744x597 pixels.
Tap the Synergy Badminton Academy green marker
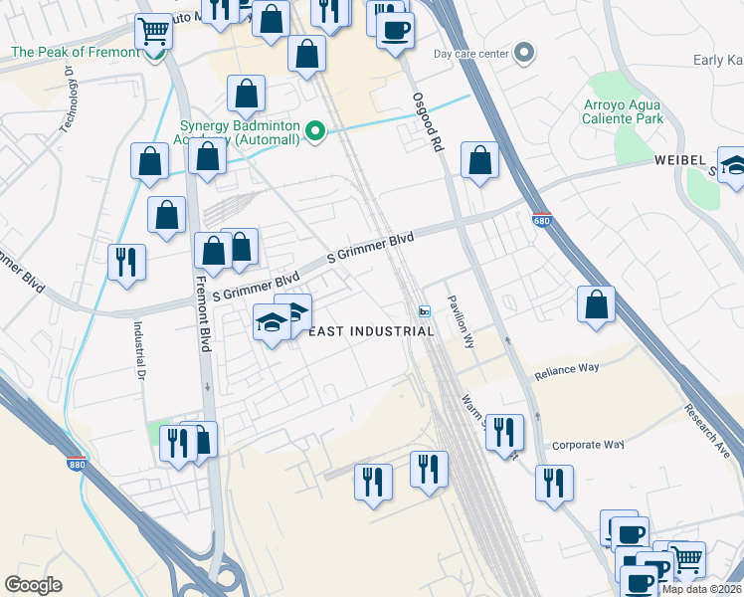click(x=315, y=131)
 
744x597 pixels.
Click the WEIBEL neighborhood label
click(x=679, y=160)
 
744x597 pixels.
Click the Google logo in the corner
click(x=33, y=585)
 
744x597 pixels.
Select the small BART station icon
click(x=425, y=311)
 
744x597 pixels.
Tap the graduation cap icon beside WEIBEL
click(x=733, y=165)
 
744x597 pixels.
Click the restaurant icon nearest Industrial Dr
click(x=126, y=262)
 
